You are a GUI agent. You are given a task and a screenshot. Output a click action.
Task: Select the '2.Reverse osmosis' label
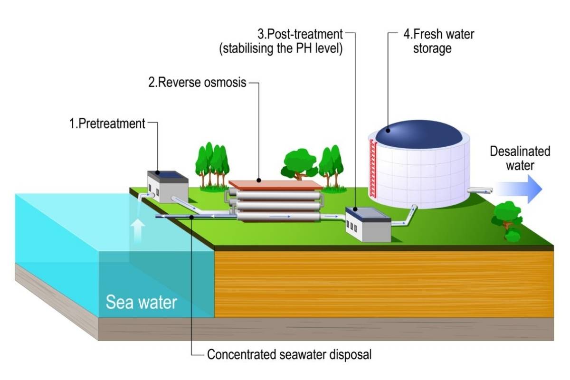point(197,83)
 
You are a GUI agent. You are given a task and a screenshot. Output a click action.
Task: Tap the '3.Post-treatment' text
point(300,35)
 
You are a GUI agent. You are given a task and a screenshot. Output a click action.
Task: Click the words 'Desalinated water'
point(520,159)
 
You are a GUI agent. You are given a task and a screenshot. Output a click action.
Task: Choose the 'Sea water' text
point(141,302)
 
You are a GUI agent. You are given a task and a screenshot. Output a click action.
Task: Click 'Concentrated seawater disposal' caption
point(289,354)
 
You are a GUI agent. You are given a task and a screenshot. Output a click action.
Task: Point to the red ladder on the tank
point(373,169)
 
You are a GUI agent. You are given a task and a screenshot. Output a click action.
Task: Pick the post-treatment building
point(368,226)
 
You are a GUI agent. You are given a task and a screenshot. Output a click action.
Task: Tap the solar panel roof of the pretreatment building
point(169,174)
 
